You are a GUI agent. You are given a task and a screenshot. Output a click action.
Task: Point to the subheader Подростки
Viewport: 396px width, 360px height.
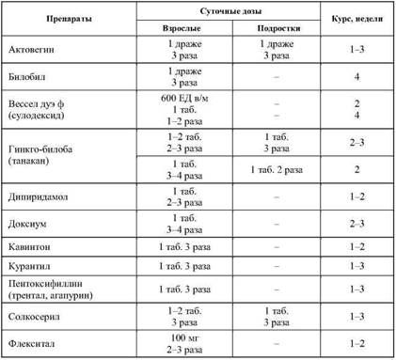click(267, 29)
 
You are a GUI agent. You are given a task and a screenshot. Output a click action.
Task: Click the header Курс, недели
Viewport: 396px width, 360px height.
click(354, 21)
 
